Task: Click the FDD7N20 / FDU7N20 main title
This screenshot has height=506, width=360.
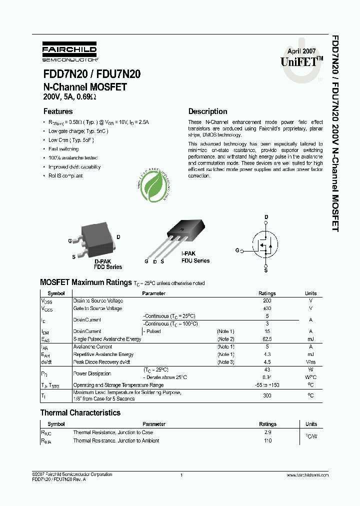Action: point(91,74)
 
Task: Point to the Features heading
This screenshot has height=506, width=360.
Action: point(58,111)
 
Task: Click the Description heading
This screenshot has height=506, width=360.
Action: point(207,111)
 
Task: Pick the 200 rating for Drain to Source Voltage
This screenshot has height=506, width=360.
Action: point(267,301)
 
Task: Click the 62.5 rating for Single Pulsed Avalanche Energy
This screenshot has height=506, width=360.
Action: point(267,339)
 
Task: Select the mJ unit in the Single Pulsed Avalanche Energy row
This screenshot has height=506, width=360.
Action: point(310,339)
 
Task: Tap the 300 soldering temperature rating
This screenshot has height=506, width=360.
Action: point(267,395)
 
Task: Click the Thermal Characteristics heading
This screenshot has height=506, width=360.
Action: point(80,413)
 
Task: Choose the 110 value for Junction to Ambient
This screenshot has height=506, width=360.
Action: point(267,440)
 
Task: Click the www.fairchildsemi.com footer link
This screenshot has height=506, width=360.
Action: point(308,474)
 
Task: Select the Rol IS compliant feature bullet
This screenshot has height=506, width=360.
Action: point(65,176)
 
